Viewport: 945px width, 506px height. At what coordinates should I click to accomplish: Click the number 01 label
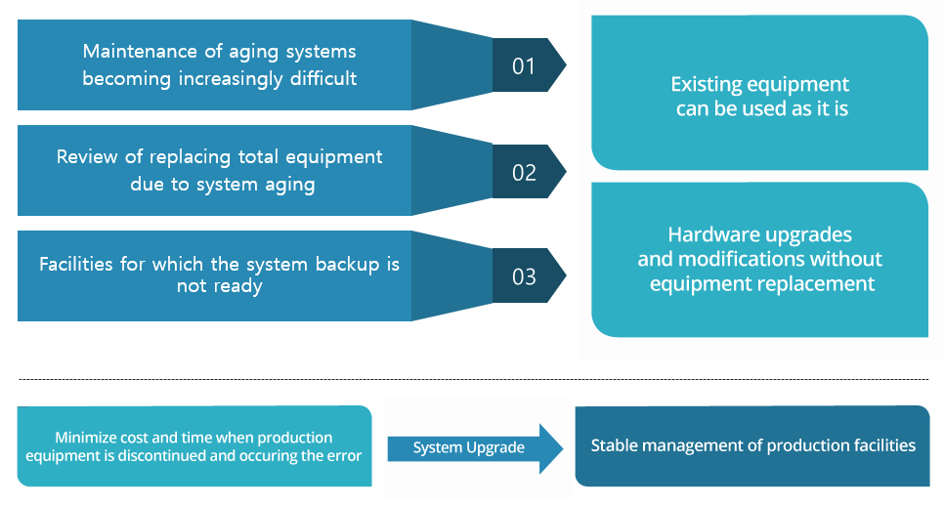coord(524,66)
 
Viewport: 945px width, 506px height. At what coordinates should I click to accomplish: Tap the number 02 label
coord(524,173)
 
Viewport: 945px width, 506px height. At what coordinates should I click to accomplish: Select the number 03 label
coord(524,277)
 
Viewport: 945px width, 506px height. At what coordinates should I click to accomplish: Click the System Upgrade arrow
coord(475,448)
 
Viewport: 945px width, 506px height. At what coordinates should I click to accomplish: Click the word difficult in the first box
coord(323,78)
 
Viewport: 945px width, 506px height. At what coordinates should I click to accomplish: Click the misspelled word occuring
coord(269,456)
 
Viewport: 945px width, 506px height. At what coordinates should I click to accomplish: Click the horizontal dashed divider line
coord(474,379)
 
